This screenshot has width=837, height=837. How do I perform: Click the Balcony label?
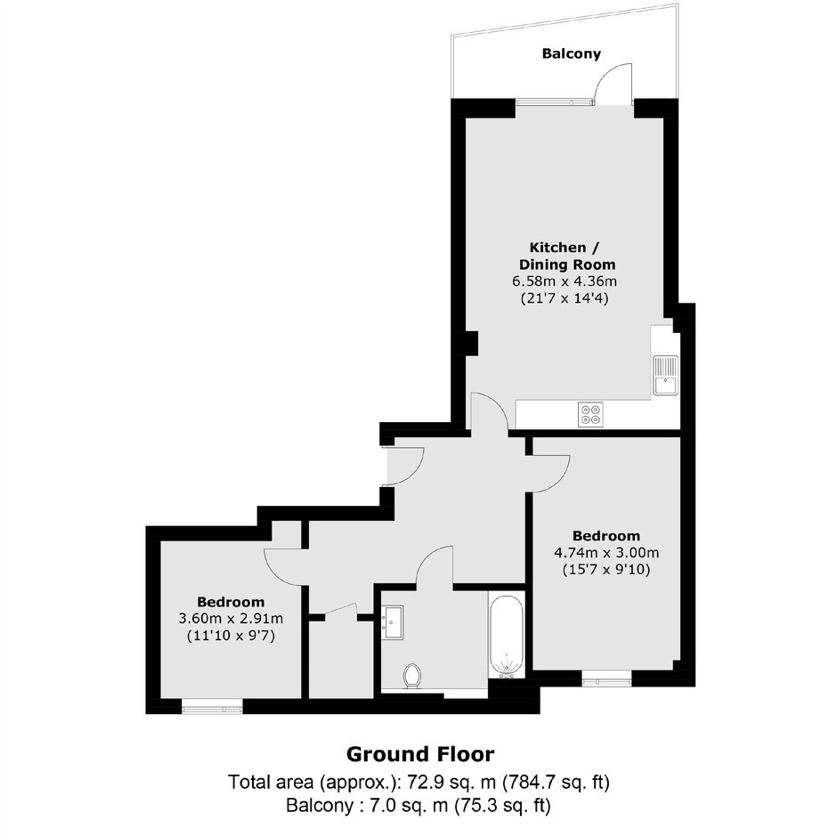[571, 53]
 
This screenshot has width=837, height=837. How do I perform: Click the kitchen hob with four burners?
[590, 414]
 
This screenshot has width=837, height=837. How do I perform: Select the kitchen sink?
[665, 375]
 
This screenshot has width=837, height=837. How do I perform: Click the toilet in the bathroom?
[412, 677]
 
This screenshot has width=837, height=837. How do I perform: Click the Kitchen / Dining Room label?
[567, 256]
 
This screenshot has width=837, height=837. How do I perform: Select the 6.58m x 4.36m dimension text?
[565, 280]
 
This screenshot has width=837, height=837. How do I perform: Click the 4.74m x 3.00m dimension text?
[606, 552]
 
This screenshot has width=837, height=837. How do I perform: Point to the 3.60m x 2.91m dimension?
[231, 619]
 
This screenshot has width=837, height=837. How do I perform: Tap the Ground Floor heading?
[420, 754]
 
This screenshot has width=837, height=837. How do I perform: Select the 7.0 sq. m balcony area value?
[409, 805]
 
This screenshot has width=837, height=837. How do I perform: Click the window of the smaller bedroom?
[212, 709]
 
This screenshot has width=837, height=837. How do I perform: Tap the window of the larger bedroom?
[606, 681]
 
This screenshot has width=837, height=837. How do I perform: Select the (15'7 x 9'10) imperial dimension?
[606, 570]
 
